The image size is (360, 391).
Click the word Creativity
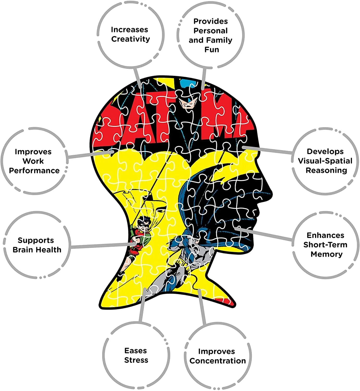point(130,39)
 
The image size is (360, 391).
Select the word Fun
point(212,50)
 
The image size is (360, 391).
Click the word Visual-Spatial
point(325,161)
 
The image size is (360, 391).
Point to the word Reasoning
point(326,170)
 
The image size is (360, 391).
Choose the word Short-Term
point(325,245)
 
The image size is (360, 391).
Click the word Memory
point(326,254)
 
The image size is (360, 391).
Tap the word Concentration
point(218,361)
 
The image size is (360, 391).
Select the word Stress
point(136,360)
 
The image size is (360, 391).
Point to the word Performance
point(34,170)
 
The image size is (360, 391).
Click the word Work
point(33,161)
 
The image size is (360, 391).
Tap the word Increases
point(130,30)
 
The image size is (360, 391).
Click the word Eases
point(136,351)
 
